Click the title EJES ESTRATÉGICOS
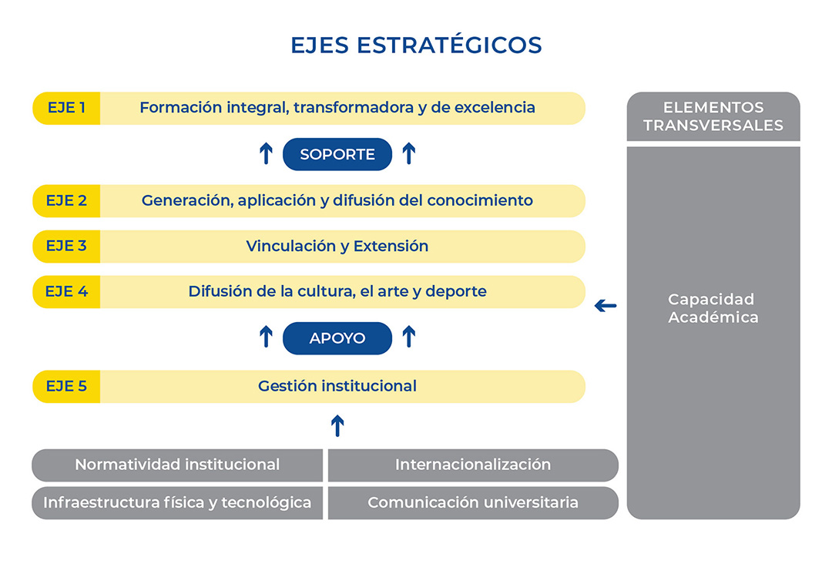pyautogui.click(x=416, y=45)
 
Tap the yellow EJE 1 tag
pyautogui.click(x=66, y=108)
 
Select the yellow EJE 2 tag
pyautogui.click(x=66, y=201)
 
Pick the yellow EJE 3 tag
pyautogui.click(x=66, y=247)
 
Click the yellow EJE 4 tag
pyautogui.click(x=66, y=292)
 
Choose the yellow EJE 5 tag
pyautogui.click(x=66, y=386)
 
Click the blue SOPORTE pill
pyautogui.click(x=337, y=154)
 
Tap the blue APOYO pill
pyautogui.click(x=337, y=338)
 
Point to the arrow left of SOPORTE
pyautogui.click(x=266, y=154)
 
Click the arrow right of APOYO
pyautogui.click(x=408, y=337)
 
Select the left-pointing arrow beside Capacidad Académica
pyautogui.click(x=606, y=306)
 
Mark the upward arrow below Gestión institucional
pyautogui.click(x=337, y=425)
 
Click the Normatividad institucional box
pyautogui.click(x=177, y=465)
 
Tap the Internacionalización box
pyautogui.click(x=473, y=465)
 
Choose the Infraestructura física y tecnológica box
pyautogui.click(x=177, y=503)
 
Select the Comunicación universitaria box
pyautogui.click(x=473, y=503)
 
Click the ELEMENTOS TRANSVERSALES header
pyautogui.click(x=713, y=116)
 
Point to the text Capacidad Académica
pyautogui.click(x=713, y=308)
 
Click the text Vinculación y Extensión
pyautogui.click(x=337, y=247)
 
